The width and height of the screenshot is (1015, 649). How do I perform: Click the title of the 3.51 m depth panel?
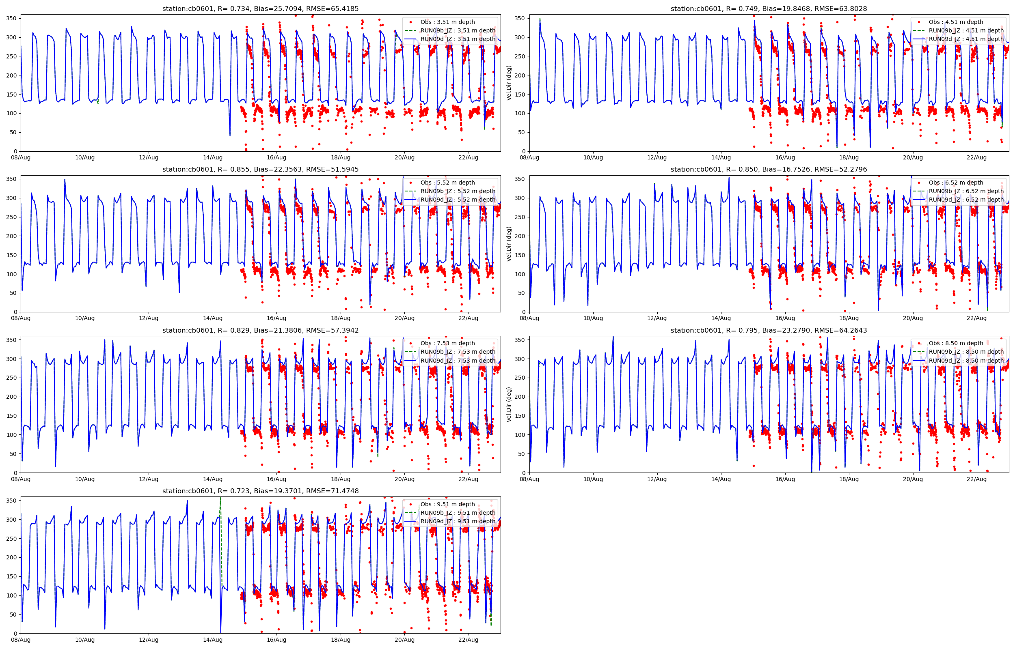[260, 9]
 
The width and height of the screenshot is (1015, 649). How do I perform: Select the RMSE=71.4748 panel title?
[260, 491]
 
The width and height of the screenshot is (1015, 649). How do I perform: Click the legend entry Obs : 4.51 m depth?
[956, 22]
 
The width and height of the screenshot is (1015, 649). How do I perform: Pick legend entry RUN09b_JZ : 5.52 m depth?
[458, 191]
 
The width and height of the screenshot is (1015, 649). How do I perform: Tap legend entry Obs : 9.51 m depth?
[447, 504]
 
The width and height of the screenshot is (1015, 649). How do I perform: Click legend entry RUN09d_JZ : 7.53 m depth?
[458, 361]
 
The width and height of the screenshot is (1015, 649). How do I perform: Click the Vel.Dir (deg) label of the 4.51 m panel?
[509, 83]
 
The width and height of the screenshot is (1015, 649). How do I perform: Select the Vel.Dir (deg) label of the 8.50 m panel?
[509, 404]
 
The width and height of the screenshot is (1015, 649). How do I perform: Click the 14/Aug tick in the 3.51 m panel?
[212, 158]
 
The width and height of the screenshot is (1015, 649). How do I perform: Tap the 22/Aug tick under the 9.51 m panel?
[468, 640]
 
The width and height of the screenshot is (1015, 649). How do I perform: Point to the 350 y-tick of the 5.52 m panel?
[11, 179]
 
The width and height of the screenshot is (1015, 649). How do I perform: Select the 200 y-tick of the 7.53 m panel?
[11, 397]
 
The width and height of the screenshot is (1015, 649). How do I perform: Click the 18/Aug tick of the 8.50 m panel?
[849, 479]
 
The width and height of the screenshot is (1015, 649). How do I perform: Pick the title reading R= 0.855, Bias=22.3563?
[260, 170]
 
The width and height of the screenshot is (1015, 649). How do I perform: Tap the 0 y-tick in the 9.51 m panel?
[15, 634]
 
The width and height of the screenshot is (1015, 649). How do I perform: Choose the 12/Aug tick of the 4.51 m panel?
[657, 158]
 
